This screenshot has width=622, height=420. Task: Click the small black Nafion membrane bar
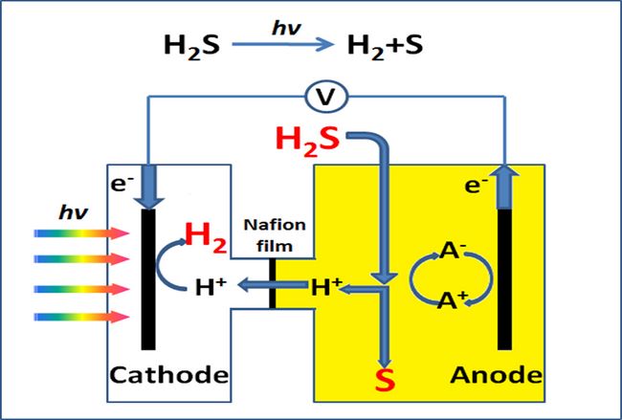click(x=273, y=284)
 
